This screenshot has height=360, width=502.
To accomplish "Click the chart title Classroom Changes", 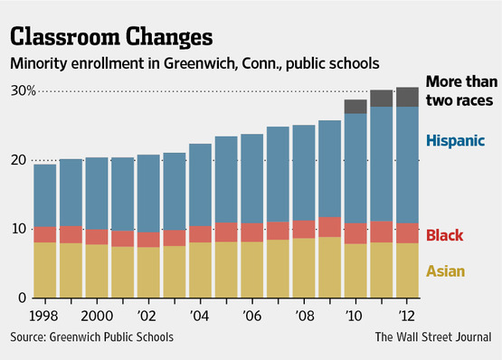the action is click(111, 37).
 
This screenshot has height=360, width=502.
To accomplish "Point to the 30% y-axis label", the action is click(23, 91).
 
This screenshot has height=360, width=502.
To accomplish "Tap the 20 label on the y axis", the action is click(18, 160).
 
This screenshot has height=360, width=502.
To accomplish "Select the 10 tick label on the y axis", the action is click(19, 229).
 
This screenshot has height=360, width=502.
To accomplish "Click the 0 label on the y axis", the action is click(22, 298).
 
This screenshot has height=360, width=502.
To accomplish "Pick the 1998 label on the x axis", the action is click(43, 316).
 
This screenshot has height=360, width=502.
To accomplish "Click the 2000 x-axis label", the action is click(97, 316).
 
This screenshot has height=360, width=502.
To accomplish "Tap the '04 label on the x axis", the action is click(199, 316).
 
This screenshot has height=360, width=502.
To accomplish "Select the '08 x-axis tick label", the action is click(305, 316).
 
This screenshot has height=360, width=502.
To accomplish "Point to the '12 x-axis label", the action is click(406, 316).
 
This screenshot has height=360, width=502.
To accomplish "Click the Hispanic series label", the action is click(455, 140).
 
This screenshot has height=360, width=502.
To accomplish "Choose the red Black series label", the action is click(444, 235).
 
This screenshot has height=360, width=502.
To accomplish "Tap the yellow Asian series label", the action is click(445, 271).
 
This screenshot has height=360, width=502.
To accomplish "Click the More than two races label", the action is click(461, 91).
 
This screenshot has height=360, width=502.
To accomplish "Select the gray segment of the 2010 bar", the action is click(355, 107).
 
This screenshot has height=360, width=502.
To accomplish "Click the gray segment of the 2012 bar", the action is click(407, 97).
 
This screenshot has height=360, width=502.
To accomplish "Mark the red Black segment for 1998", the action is click(45, 235).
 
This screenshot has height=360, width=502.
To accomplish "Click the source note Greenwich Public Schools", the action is click(111, 337).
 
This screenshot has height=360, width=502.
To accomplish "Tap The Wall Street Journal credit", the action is click(433, 337).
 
